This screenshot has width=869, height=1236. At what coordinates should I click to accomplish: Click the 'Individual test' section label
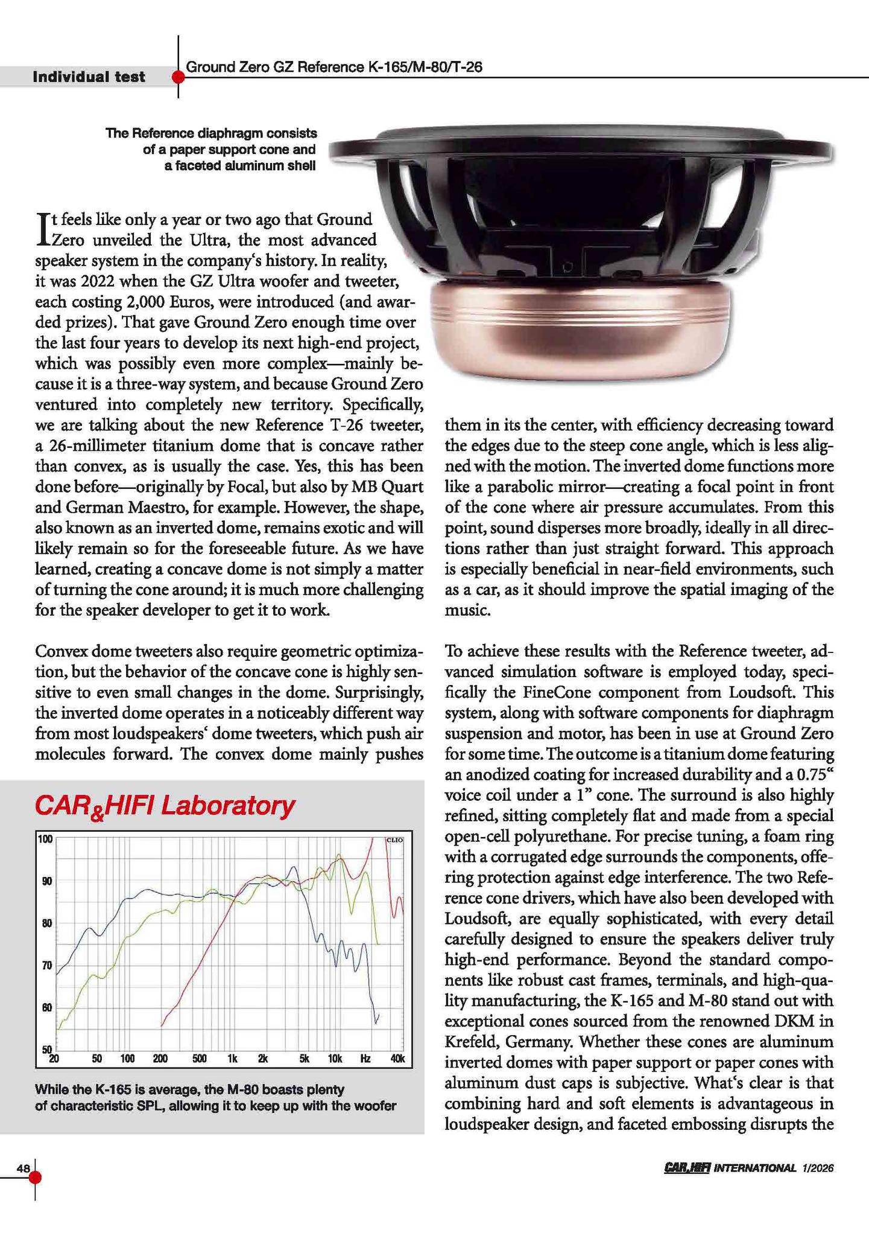point(89,77)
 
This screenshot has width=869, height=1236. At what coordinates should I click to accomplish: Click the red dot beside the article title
point(178,77)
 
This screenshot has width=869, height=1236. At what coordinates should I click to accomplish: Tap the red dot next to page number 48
point(35,1177)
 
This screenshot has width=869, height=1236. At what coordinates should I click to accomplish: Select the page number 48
point(23,1168)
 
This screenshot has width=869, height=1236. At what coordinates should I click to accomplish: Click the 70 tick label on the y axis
point(46,966)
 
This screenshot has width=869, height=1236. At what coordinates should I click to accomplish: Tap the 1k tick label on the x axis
point(233,1059)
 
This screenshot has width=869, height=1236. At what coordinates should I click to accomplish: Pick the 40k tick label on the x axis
point(398,1059)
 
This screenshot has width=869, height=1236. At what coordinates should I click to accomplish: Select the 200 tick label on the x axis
point(160,1059)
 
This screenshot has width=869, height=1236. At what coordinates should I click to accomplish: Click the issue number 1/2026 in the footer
point(817,1168)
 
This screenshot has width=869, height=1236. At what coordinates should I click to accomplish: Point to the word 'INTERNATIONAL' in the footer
point(754,1168)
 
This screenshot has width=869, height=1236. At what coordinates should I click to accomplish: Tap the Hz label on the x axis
point(365,1059)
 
